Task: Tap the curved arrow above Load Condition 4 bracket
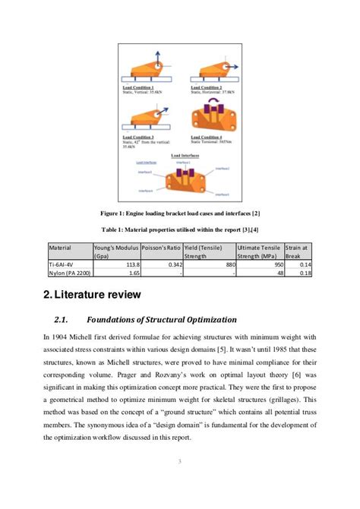point(210,106)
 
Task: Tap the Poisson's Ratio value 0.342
point(171,265)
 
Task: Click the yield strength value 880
point(224,265)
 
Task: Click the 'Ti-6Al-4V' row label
point(62,265)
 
